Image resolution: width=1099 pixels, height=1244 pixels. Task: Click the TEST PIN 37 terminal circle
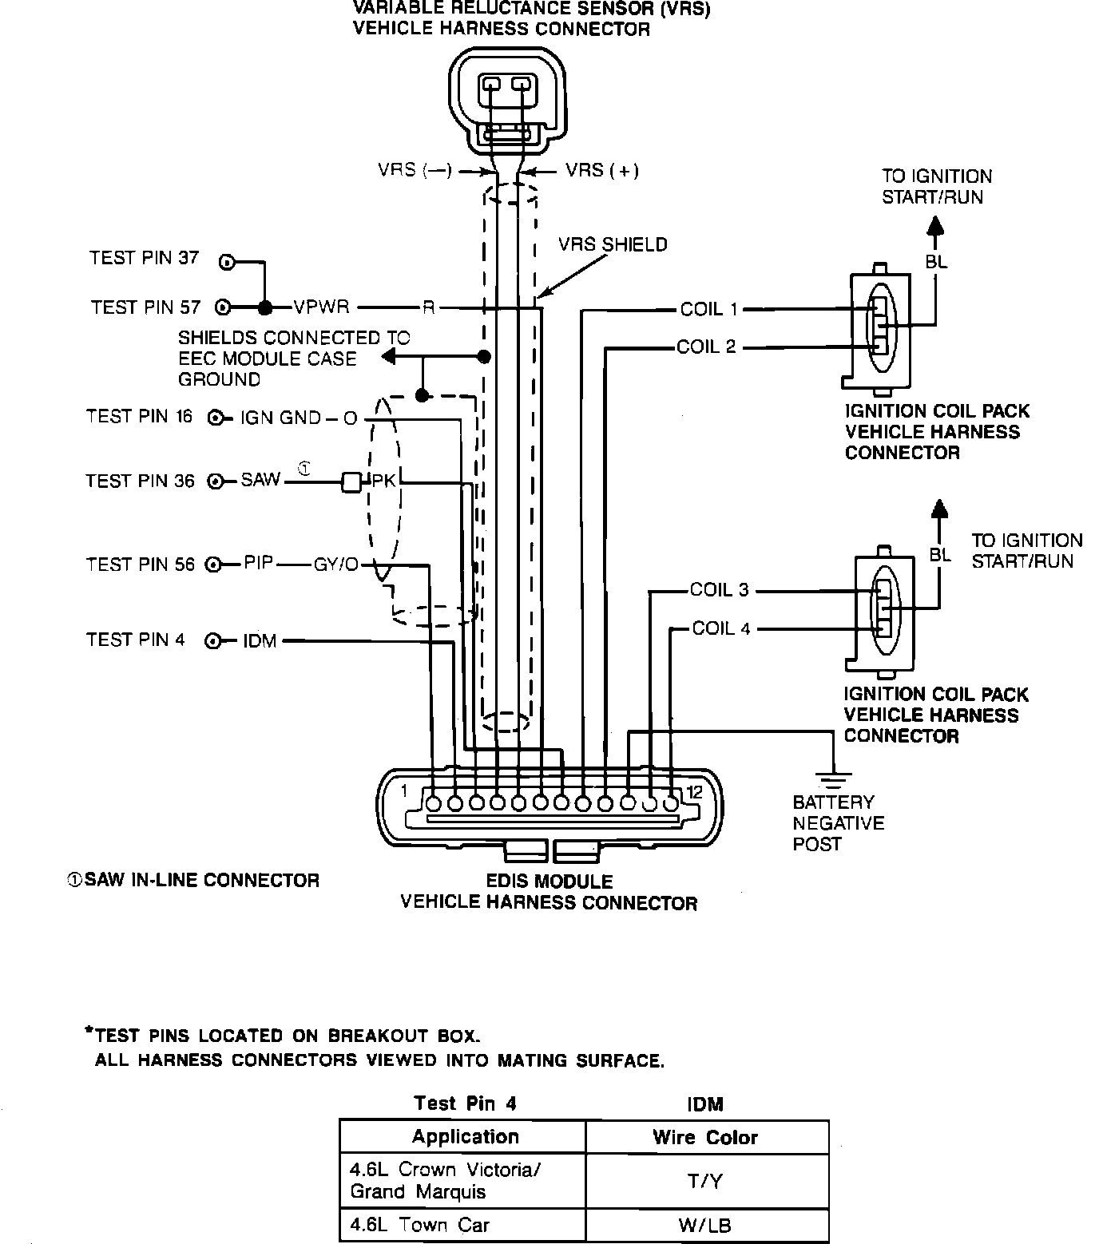[x=227, y=262]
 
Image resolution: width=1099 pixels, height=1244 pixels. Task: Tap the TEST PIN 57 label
[x=145, y=307]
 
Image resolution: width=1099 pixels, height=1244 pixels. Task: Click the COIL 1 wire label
[x=708, y=309]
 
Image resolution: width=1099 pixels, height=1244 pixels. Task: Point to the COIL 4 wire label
[x=721, y=628]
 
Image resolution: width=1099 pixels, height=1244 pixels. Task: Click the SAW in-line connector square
[x=351, y=482]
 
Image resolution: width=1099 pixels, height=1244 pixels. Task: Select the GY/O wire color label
[x=336, y=565]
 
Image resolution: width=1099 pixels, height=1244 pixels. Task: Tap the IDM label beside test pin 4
[x=260, y=641]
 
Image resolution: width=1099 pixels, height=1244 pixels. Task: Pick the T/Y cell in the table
[x=706, y=1180]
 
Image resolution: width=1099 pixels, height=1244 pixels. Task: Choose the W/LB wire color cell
[x=706, y=1225]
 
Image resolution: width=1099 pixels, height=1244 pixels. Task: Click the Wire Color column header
[x=705, y=1137]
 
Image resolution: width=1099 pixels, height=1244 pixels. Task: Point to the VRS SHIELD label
[x=613, y=244]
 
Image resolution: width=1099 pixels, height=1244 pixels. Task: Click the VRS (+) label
[x=602, y=170]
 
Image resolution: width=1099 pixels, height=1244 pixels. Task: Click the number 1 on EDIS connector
[x=404, y=790]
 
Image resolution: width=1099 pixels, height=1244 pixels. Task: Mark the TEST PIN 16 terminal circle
[x=214, y=418]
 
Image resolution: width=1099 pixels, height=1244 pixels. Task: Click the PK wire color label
[x=384, y=481]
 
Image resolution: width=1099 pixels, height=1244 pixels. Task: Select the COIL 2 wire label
[x=706, y=347]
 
